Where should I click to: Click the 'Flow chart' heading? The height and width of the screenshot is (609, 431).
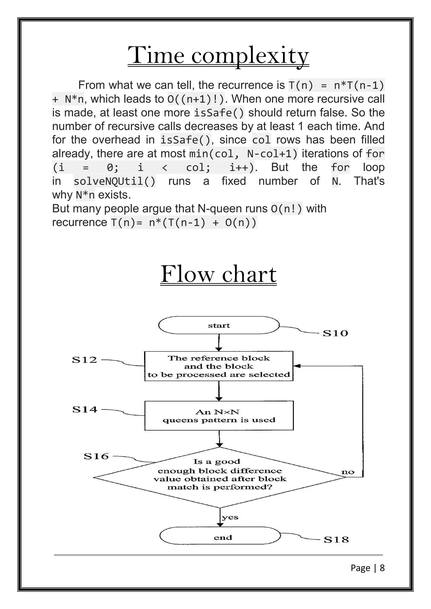click(218, 274)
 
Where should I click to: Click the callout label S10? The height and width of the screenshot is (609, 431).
click(335, 333)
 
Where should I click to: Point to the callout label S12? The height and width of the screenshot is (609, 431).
click(84, 360)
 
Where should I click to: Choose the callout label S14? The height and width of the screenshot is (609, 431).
click(85, 409)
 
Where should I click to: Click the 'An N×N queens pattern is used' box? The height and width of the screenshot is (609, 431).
click(219, 416)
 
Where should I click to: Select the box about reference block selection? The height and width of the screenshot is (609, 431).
click(219, 366)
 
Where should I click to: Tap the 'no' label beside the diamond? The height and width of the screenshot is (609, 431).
click(348, 472)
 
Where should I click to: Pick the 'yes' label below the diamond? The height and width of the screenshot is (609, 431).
click(230, 517)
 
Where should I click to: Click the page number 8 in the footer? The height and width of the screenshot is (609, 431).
click(382, 568)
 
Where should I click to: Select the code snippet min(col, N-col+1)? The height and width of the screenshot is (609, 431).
click(244, 154)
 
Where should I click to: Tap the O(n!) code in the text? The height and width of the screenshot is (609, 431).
click(287, 209)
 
